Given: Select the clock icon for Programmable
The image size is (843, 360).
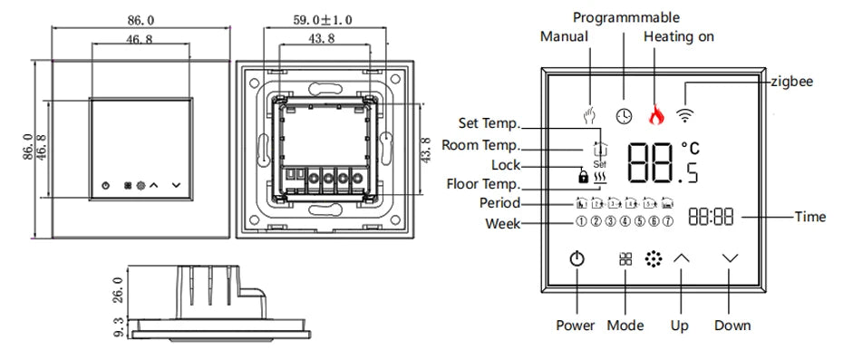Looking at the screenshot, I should [x=623, y=115].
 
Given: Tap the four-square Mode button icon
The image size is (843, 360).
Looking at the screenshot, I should [x=625, y=258].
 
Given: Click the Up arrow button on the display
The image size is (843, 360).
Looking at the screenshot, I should [x=681, y=258].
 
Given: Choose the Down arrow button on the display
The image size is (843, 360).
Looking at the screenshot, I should [x=731, y=258].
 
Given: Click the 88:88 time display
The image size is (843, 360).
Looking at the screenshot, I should [x=711, y=218].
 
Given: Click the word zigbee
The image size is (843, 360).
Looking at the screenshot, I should [x=791, y=82].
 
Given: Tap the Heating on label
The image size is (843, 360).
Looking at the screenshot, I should [x=679, y=36].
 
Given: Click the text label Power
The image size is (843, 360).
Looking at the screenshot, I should [x=575, y=326].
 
